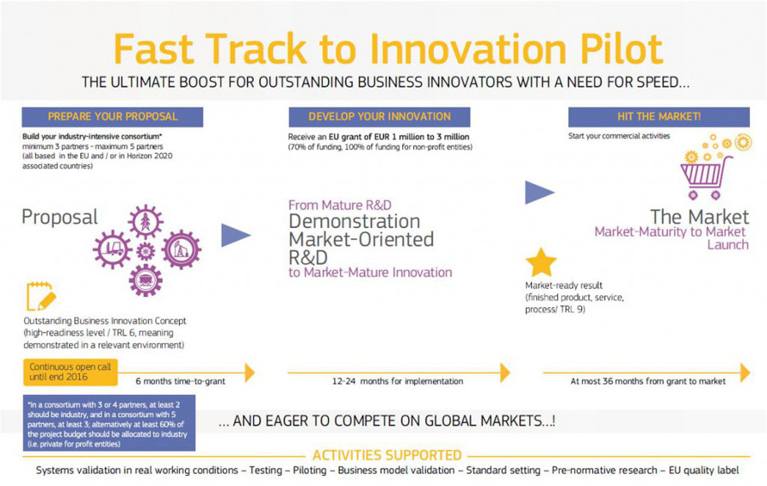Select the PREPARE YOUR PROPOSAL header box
click(112, 117)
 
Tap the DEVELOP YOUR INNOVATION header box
click(379, 117)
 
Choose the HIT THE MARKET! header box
click(659, 117)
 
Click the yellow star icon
click(541, 263)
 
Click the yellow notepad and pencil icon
click(41, 296)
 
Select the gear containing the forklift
click(112, 249)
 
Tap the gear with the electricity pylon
click(146, 222)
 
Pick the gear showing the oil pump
click(182, 249)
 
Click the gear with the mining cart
click(146, 280)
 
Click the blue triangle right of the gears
click(236, 235)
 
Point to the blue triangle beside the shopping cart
click(539, 192)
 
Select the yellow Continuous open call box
click(71, 372)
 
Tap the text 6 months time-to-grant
click(181, 381)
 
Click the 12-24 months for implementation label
click(398, 381)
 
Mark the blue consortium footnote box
click(109, 423)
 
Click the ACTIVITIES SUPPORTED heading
click(387, 455)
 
